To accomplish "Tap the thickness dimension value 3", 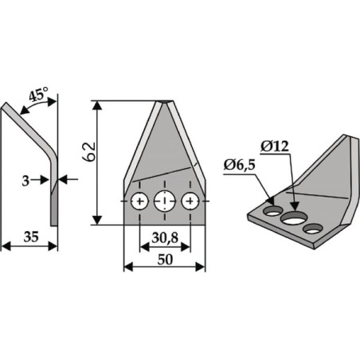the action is (25, 181).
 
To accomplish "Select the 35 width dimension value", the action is (31, 237).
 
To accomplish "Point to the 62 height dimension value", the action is (88, 151).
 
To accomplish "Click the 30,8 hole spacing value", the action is (165, 238).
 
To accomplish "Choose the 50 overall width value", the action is (165, 260).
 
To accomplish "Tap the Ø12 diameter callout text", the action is (275, 147).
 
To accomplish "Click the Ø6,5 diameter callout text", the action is (239, 166).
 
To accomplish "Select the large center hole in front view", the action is (165, 201).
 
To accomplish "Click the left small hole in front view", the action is (139, 201).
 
